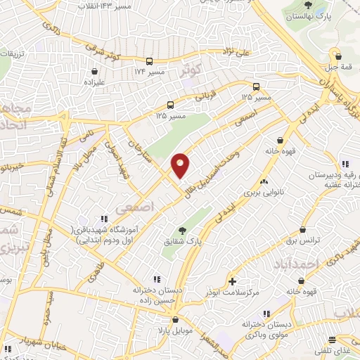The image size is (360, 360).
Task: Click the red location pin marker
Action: [x=181, y=165]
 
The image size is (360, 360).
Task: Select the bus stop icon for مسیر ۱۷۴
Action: [x=150, y=61]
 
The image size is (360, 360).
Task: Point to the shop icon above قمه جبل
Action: [x=337, y=56]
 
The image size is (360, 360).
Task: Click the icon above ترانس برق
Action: [x=303, y=229]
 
